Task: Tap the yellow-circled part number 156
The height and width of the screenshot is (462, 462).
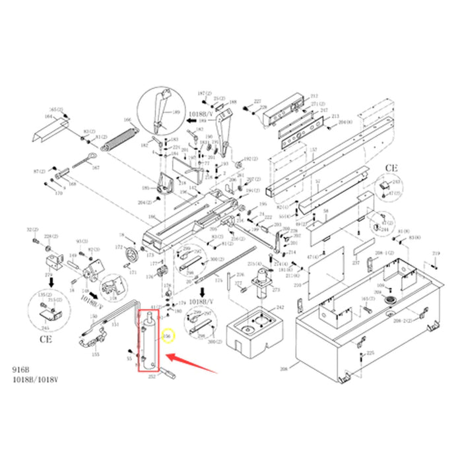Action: (167, 337)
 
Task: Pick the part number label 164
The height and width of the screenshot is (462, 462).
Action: (48, 117)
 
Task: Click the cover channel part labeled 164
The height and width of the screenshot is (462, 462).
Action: (49, 132)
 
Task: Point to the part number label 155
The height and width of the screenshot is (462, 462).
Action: (96, 354)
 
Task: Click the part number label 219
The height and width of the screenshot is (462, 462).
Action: (436, 253)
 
